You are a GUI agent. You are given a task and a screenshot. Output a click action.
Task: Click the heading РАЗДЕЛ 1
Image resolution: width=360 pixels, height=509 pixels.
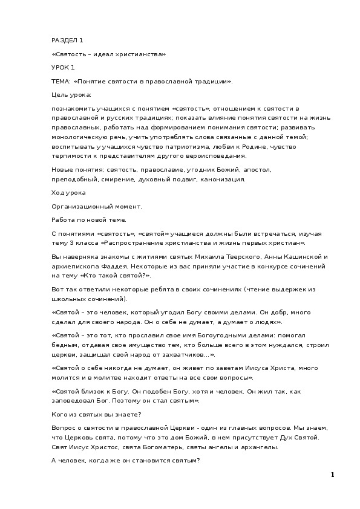coord(67,41)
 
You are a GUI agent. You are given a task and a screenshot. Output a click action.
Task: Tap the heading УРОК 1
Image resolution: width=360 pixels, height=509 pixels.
coord(63,67)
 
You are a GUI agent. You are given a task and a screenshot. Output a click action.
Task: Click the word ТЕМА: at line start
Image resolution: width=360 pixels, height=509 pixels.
coord(61,81)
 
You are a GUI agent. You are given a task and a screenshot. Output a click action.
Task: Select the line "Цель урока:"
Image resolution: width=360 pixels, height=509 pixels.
coord(71,94)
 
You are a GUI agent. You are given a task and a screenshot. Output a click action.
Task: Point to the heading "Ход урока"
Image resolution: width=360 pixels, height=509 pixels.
coord(69,193)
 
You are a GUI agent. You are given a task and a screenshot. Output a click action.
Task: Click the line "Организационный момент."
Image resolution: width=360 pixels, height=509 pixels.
coord(96,206)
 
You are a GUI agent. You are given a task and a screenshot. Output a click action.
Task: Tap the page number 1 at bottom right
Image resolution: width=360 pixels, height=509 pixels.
coord(332,475)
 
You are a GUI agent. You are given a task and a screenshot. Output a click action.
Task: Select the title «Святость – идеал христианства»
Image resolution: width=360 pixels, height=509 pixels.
coord(109,54)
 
